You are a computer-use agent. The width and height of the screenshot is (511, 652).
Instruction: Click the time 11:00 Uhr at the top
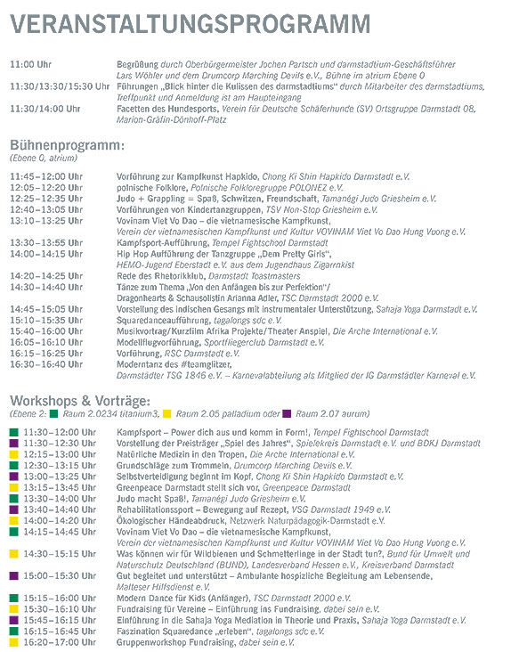[x=32, y=65]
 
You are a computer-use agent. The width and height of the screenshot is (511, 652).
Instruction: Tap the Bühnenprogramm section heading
[x=67, y=145]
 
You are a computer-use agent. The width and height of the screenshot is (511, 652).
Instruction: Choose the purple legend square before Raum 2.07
[x=287, y=414]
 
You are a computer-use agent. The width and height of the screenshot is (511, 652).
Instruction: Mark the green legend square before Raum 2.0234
[x=54, y=414]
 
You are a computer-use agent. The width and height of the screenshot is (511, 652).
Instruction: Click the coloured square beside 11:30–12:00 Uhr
[x=13, y=432]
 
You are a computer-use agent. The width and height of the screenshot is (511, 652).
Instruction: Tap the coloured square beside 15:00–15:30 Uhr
[x=13, y=575]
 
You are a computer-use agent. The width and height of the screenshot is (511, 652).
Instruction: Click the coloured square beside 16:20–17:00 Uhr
[x=13, y=640]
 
